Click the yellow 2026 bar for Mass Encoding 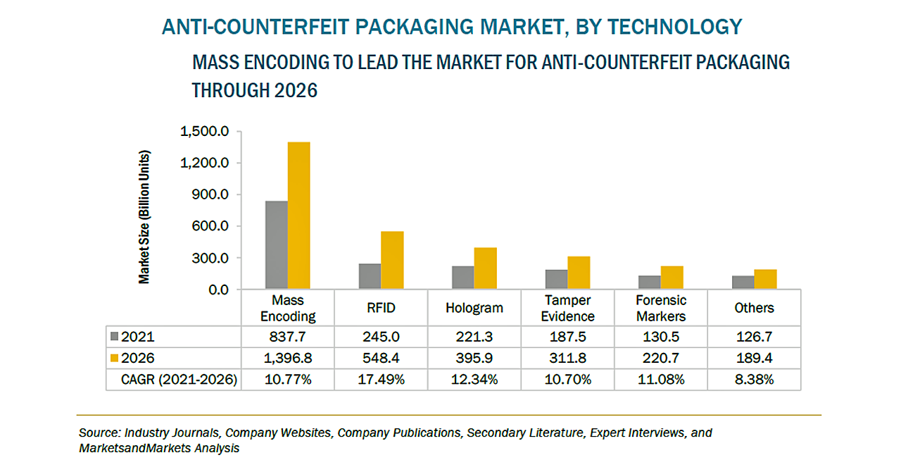click(299, 216)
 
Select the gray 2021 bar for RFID click(370, 276)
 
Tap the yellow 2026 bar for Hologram click(485, 268)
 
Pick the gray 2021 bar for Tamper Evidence click(556, 280)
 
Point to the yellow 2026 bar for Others click(765, 280)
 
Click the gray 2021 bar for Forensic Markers click(649, 282)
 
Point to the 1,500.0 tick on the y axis click(205, 132)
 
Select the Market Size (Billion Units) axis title click(144, 216)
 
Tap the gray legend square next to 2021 click(115, 337)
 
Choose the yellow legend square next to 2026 click(115, 359)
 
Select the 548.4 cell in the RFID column click(381, 359)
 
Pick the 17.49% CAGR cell click(381, 380)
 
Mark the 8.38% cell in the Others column click(754, 380)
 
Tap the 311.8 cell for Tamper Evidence click(567, 359)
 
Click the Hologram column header click(474, 308)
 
